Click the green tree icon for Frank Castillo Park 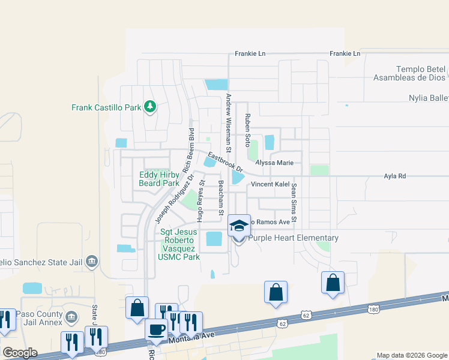pos(150,107)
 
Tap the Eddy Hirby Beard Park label pos(159,179)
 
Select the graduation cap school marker pos(239,226)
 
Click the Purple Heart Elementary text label pos(294,238)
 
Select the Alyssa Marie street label pos(274,163)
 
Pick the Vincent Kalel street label pos(270,184)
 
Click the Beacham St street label pos(221,198)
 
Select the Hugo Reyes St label pos(202,199)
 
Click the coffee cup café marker pos(157,329)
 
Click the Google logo pos(20,353)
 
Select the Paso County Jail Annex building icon pos(70,316)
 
